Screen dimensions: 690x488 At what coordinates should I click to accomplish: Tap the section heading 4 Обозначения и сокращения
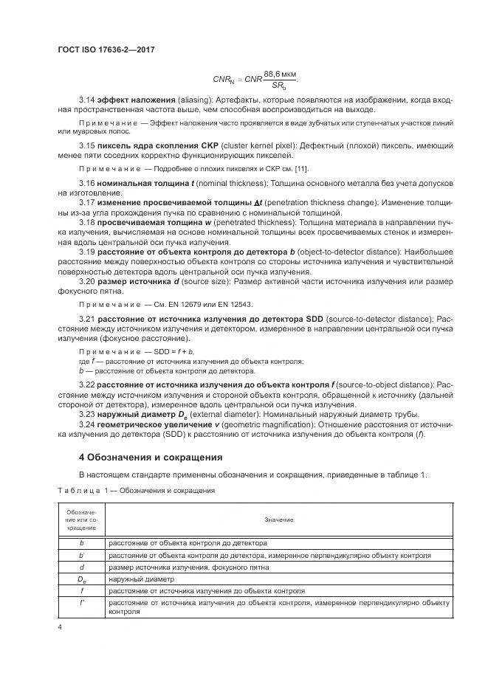(151, 457)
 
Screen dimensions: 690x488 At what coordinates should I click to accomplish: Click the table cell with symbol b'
(82, 555)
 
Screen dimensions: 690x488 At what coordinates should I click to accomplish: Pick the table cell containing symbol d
(82, 567)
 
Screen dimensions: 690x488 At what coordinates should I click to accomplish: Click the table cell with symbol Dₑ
(82, 579)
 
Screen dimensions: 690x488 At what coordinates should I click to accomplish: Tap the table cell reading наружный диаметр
(138, 579)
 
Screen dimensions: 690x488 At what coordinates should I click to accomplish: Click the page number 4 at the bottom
(59, 627)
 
